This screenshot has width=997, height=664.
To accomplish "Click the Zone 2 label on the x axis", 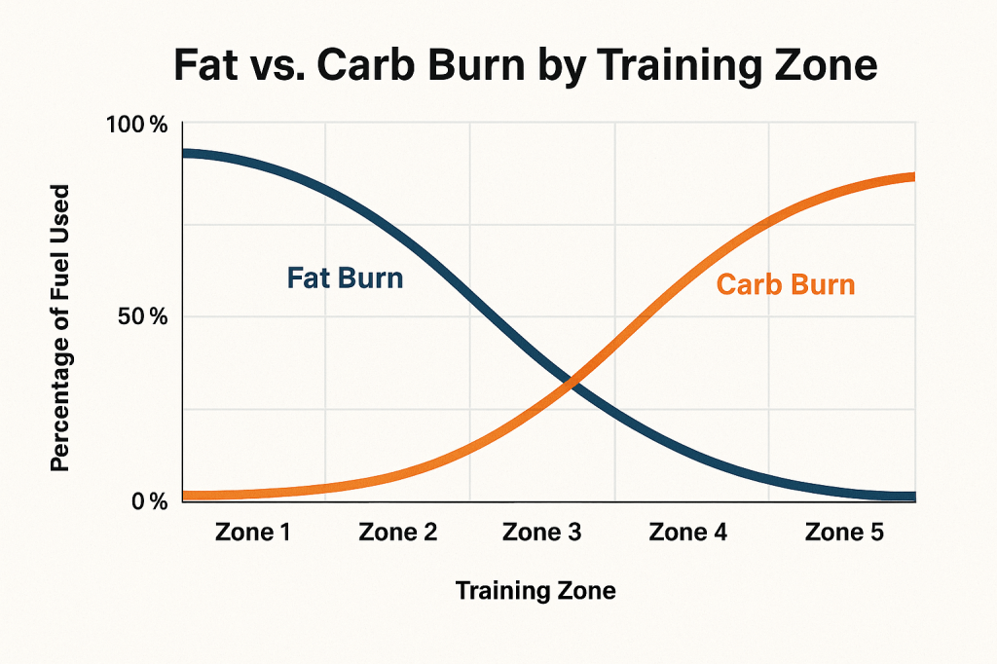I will coord(397,533).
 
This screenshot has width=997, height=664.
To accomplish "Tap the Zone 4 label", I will coord(688,533).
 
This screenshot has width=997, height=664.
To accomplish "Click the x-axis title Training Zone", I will coord(535,591).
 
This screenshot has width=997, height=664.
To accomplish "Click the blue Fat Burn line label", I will coord(345,277).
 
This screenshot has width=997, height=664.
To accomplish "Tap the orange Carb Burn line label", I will coord(785,285).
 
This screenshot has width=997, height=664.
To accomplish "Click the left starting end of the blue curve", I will coord(185,154).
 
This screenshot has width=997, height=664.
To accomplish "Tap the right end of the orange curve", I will coord(912,177).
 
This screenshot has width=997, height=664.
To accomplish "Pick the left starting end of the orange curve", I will coord(185,496).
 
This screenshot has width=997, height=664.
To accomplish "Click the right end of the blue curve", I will coord(912,497).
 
